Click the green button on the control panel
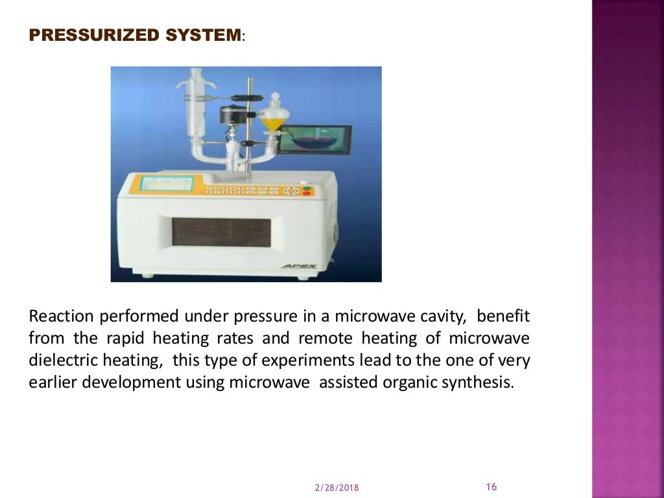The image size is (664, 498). pyautogui.click(x=307, y=188)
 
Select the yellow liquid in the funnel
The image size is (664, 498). pyautogui.click(x=272, y=121)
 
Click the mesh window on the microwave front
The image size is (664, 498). pyautogui.click(x=221, y=231)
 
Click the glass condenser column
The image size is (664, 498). pyautogui.click(x=194, y=110)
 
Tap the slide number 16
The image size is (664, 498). pyautogui.click(x=491, y=487)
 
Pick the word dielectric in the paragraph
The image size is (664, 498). pyautogui.click(x=60, y=360)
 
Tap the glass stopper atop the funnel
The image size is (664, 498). pyautogui.click(x=275, y=99)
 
